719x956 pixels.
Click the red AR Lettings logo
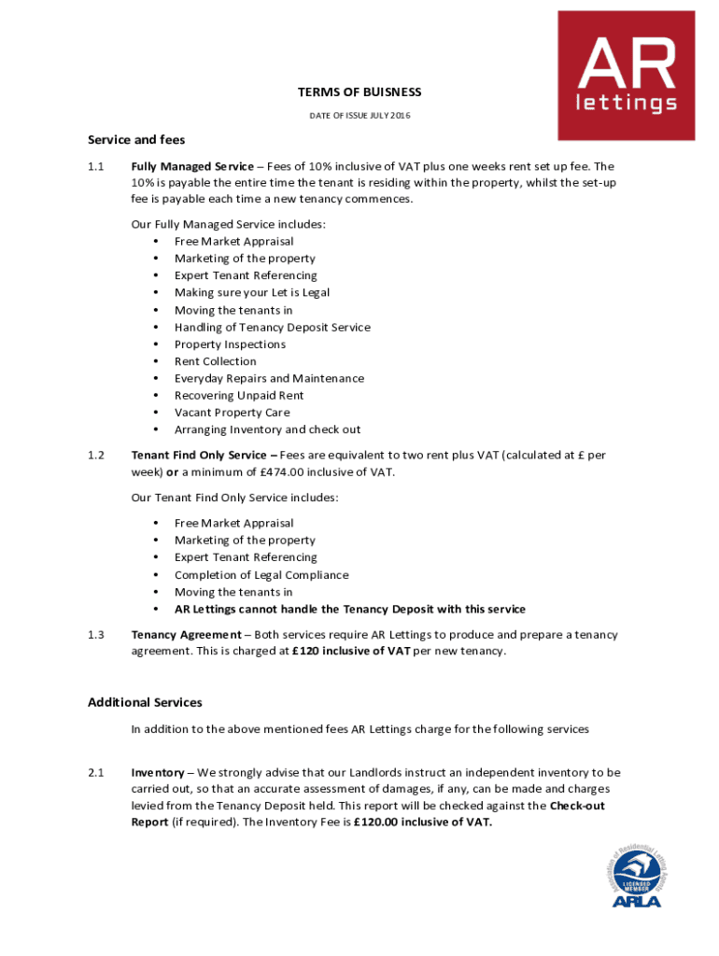click(x=626, y=75)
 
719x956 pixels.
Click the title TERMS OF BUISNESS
click(x=359, y=92)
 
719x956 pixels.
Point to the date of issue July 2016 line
click(x=359, y=116)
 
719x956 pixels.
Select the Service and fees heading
click(x=136, y=140)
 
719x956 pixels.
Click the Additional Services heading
click(x=145, y=702)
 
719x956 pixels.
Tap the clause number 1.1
click(x=95, y=166)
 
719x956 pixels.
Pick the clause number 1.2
click(x=95, y=456)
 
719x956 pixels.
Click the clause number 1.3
click(x=95, y=635)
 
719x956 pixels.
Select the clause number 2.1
click(x=95, y=772)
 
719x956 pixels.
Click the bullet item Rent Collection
click(x=215, y=361)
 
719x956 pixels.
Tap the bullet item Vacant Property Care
click(x=232, y=413)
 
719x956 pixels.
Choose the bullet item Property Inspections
click(x=230, y=344)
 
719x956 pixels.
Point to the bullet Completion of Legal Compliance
click(x=261, y=575)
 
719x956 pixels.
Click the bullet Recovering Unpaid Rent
click(x=239, y=396)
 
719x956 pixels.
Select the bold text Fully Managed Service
click(x=192, y=166)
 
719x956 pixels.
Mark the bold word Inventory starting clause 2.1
click(x=158, y=772)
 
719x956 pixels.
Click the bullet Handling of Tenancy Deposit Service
click(x=272, y=328)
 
